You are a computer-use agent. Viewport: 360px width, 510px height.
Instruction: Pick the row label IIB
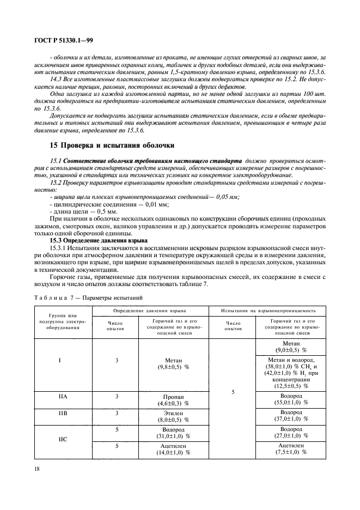(x=62, y=414)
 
